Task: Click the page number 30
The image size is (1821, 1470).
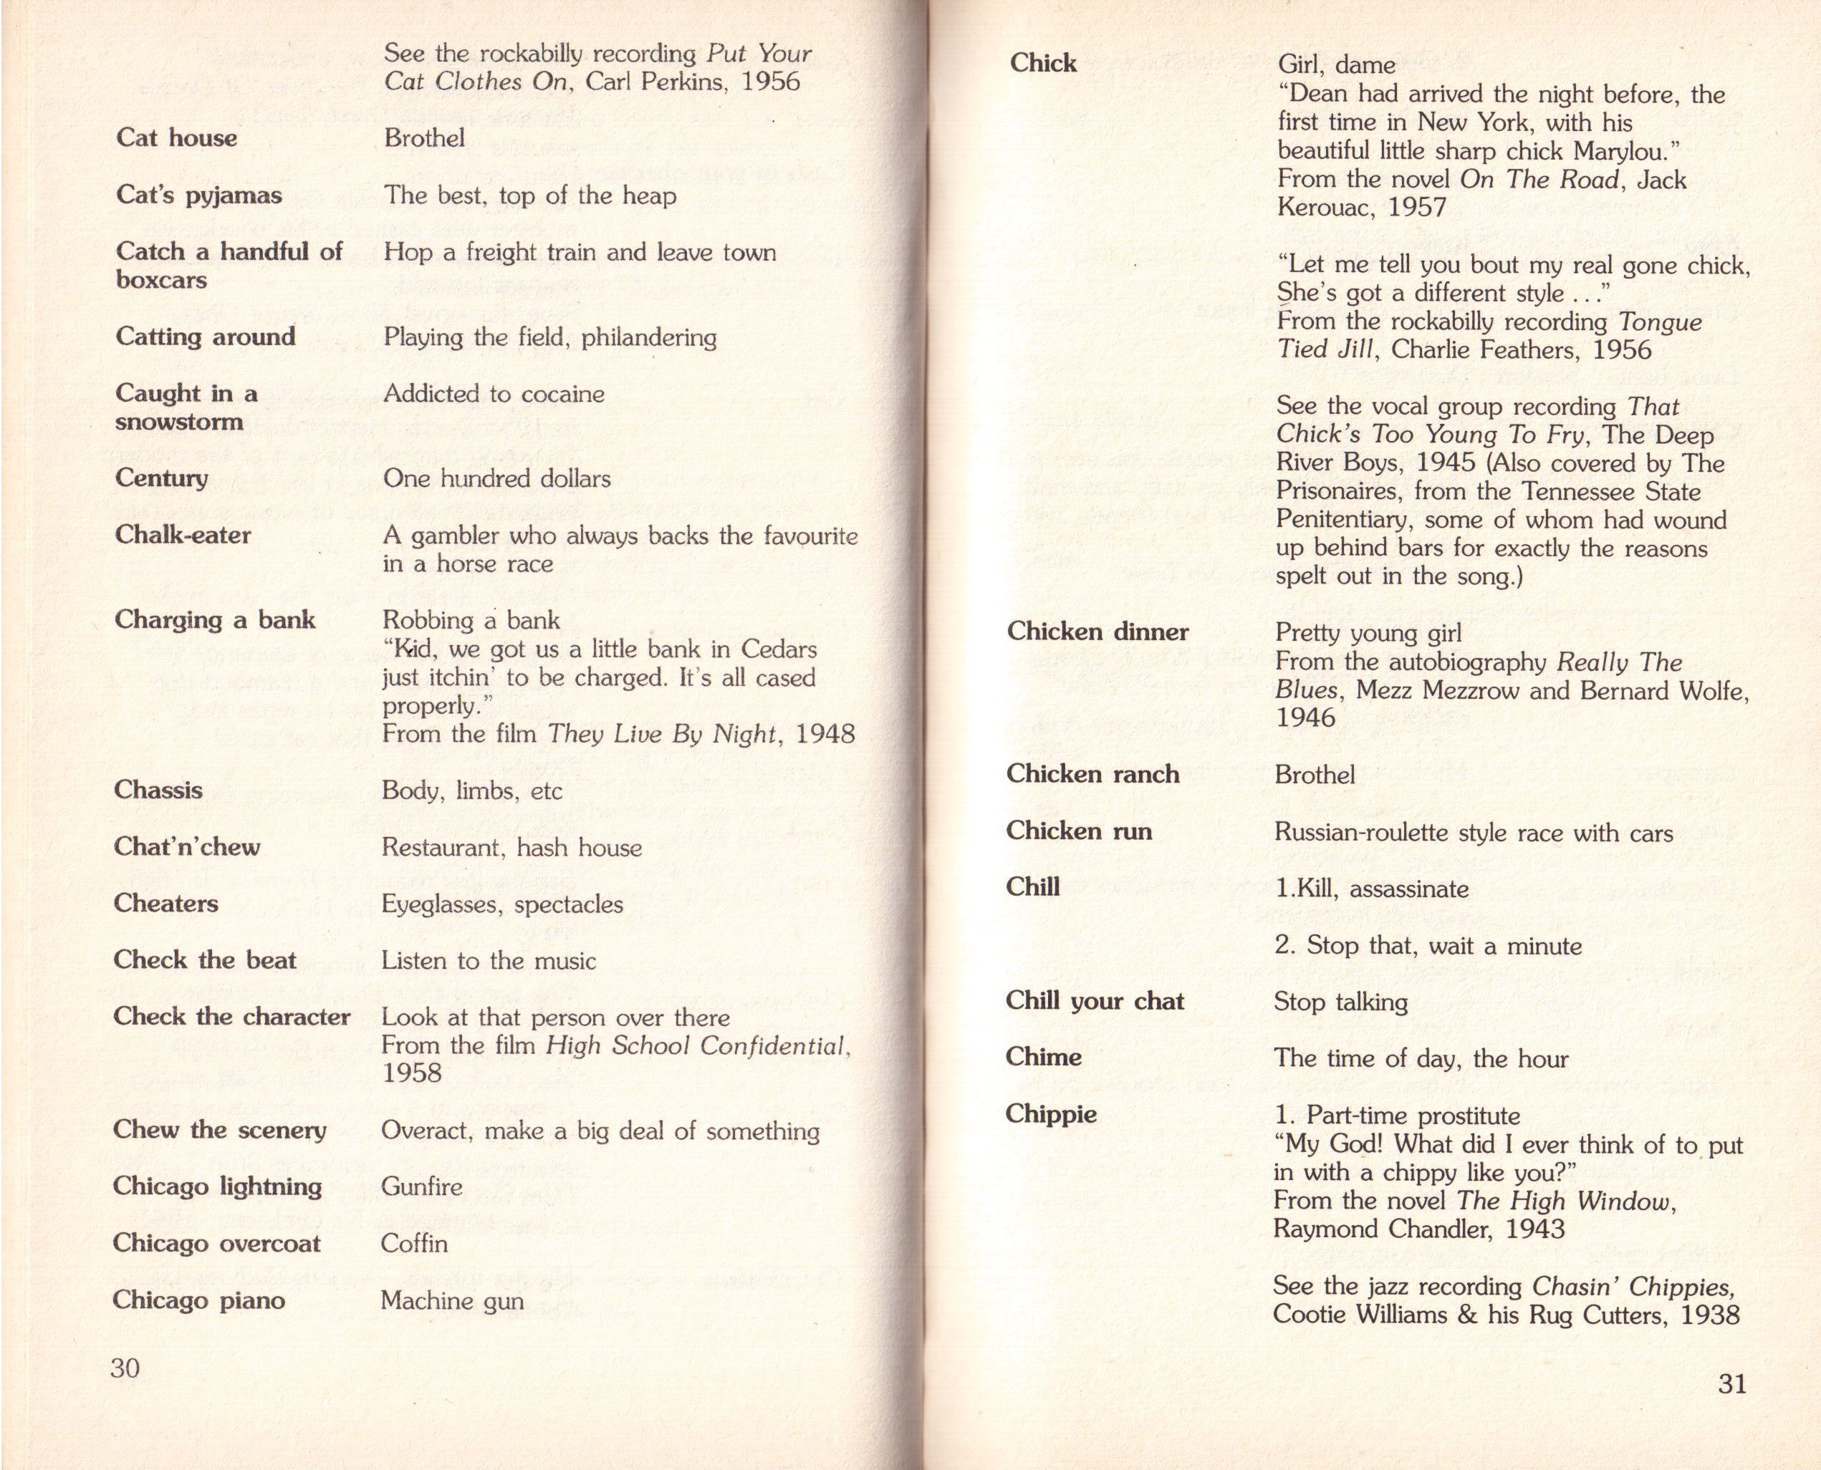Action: point(125,1368)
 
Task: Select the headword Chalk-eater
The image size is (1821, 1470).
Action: point(183,535)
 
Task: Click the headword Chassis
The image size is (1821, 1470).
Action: point(158,790)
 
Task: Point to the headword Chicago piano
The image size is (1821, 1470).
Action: point(198,1300)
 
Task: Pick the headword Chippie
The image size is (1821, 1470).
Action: point(1050,1114)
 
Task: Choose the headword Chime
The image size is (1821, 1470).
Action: point(1044,1057)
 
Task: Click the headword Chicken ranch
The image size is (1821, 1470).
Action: point(1092,774)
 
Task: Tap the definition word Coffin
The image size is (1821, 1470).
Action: point(414,1243)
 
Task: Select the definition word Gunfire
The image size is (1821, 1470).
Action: point(422,1186)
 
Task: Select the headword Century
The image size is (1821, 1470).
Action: point(161,478)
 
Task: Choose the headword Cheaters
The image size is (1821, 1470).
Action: point(166,904)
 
